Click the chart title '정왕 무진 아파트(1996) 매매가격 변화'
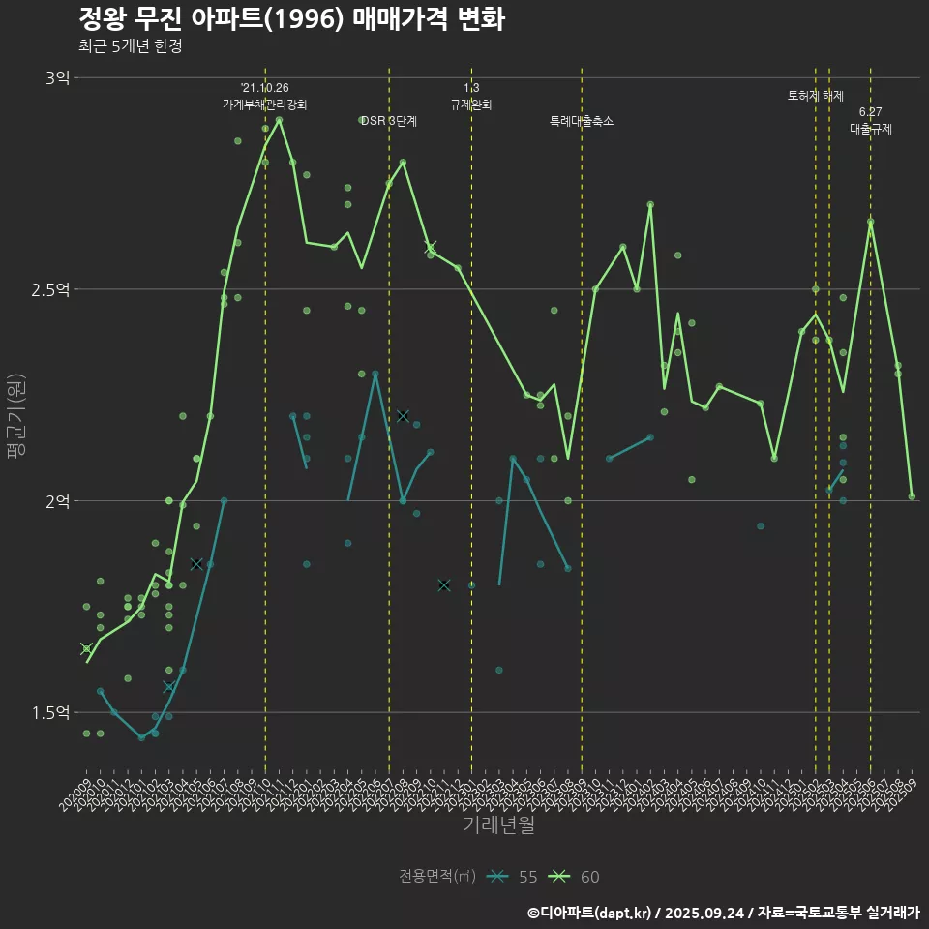point(290,19)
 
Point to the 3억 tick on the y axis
point(57,78)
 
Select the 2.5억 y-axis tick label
point(51,289)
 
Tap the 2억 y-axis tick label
point(57,501)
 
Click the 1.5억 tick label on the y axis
point(51,713)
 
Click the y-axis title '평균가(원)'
point(16,421)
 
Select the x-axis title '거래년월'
point(498,825)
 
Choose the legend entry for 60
point(575,877)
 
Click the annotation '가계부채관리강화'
point(265,105)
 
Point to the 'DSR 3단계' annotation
point(388,121)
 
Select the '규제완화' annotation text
point(471,105)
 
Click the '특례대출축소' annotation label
point(582,121)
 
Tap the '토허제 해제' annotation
point(816,96)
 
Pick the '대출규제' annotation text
point(871,129)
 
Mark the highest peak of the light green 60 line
point(280,119)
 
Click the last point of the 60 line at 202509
point(912,496)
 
